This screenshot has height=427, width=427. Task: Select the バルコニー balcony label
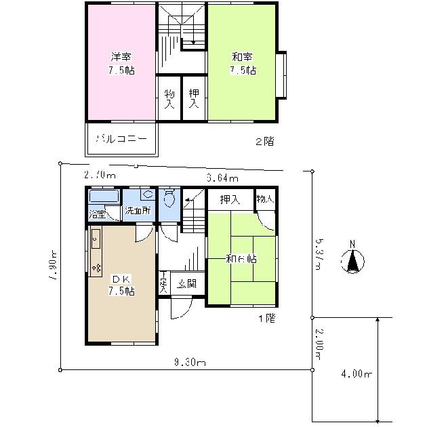point(121,139)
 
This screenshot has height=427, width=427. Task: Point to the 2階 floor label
point(264,142)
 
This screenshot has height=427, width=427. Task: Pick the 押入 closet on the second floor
point(194,99)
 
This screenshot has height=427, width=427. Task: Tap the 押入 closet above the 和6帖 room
point(230,199)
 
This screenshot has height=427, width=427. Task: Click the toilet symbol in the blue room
point(169,201)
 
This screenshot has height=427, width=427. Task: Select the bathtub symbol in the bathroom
point(104,197)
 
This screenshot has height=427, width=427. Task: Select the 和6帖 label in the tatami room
point(241,258)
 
